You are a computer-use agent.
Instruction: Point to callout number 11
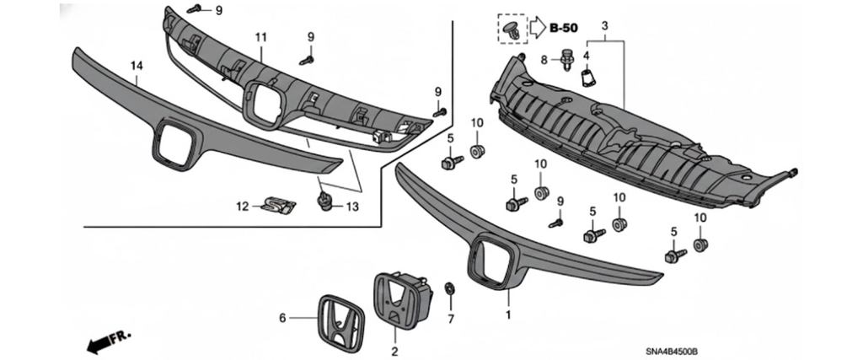(x=260, y=38)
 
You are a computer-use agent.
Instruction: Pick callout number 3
(x=604, y=26)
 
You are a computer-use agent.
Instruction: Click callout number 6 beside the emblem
(x=283, y=317)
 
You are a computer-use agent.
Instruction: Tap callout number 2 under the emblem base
(x=394, y=349)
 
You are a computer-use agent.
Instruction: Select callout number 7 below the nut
(x=450, y=319)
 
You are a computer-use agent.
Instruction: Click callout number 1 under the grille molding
(x=507, y=315)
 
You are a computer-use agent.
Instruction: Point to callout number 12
(x=241, y=206)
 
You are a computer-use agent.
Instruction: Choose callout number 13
(x=352, y=207)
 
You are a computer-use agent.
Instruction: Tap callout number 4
(x=587, y=56)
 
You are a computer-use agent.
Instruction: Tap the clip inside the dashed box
(x=511, y=30)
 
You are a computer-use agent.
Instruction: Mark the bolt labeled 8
(x=567, y=59)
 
